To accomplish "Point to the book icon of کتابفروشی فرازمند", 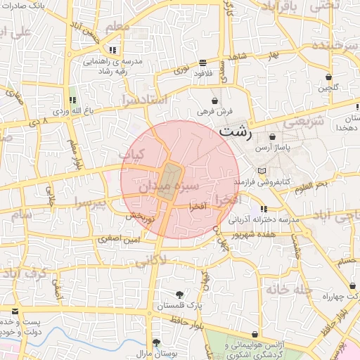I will tap(262, 170).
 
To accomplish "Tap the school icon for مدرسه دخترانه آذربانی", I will tap(264, 210).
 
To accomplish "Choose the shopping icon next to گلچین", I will tap(328, 77).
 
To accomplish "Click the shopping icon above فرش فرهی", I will tap(214, 101).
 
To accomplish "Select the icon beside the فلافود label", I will tap(203, 62).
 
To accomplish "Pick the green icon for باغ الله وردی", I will tap(72, 99).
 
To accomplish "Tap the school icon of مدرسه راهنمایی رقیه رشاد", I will tap(112, 50).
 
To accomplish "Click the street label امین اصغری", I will tap(120, 240).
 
